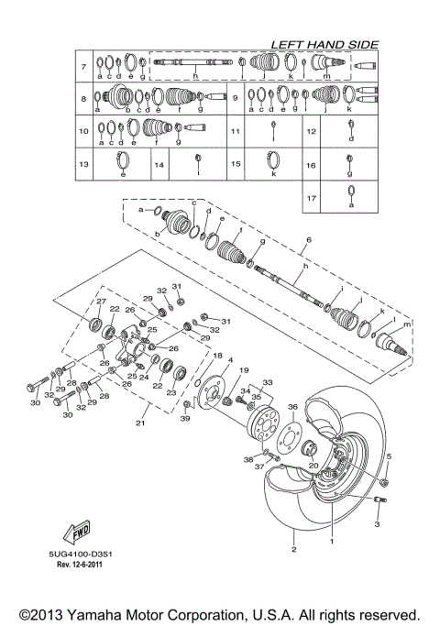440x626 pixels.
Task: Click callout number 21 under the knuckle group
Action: [139, 423]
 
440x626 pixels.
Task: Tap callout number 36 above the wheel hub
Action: [292, 406]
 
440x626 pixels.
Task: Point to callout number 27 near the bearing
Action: [102, 302]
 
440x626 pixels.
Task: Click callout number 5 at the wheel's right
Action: [388, 456]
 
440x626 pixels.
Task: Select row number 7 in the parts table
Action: [83, 67]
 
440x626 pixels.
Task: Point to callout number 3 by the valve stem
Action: [376, 525]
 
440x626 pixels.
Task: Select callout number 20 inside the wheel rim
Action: [314, 465]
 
